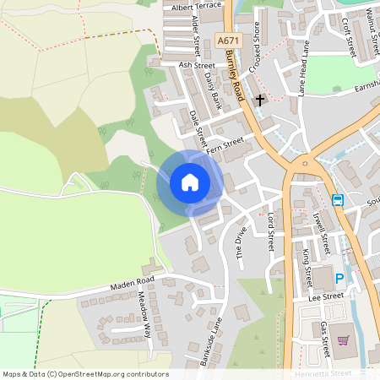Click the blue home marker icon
pos(190,182)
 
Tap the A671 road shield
pos(226,40)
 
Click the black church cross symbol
pos(260,100)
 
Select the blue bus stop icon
pos(338,200)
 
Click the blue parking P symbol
pos(340,279)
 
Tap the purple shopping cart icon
pos(343,340)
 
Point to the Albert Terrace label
pos(196,6)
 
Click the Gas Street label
pos(323,335)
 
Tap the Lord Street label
pos(270,231)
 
